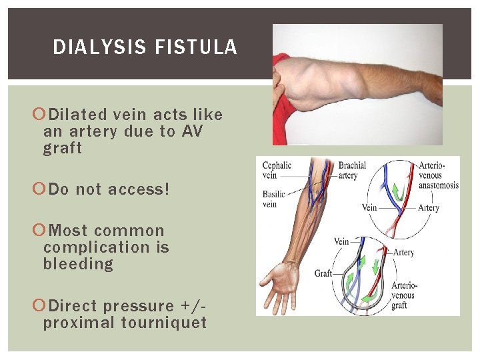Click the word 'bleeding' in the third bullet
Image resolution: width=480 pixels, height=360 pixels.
point(78,264)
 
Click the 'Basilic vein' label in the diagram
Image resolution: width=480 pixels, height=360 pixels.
point(273,199)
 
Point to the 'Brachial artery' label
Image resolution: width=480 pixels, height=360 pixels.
point(351,171)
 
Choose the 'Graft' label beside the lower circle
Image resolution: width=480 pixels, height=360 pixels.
point(323,274)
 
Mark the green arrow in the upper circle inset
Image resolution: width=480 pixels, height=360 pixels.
point(396,192)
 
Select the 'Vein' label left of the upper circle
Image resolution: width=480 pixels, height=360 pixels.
point(369,207)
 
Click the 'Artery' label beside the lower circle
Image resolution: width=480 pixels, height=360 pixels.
point(403,253)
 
